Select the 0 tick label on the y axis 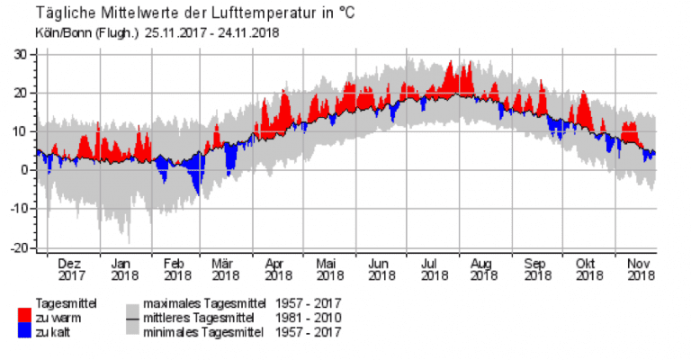tap(24, 170)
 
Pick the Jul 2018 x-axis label tap(435, 270)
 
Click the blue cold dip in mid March tap(230, 162)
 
